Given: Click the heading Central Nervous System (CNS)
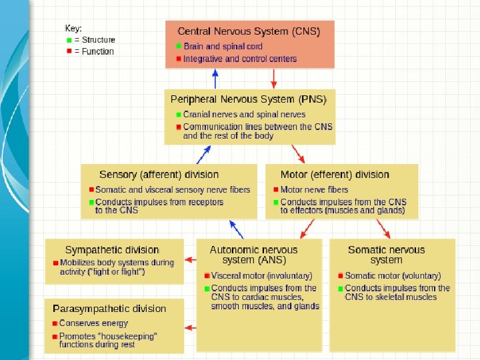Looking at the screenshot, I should point(249,31).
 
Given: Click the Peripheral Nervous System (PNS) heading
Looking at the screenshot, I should point(249,99).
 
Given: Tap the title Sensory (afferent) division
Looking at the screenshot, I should point(159,175).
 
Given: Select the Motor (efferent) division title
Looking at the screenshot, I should point(335,175).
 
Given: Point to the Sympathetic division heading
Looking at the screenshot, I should point(112,250).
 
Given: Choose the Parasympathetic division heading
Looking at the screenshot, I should point(109,309).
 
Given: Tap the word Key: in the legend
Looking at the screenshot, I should point(73,29).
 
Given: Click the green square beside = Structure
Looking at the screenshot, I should point(69,40).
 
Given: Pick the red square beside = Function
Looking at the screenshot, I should point(69,51).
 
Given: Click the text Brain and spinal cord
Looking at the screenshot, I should point(223,47).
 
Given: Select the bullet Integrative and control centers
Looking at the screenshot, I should point(240,59).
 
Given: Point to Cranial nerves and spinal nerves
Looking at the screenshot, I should point(244,115).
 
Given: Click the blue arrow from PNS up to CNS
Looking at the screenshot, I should point(215,79).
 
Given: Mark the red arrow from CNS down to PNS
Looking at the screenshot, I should point(273,79).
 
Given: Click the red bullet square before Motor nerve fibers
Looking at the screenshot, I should point(274,190).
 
